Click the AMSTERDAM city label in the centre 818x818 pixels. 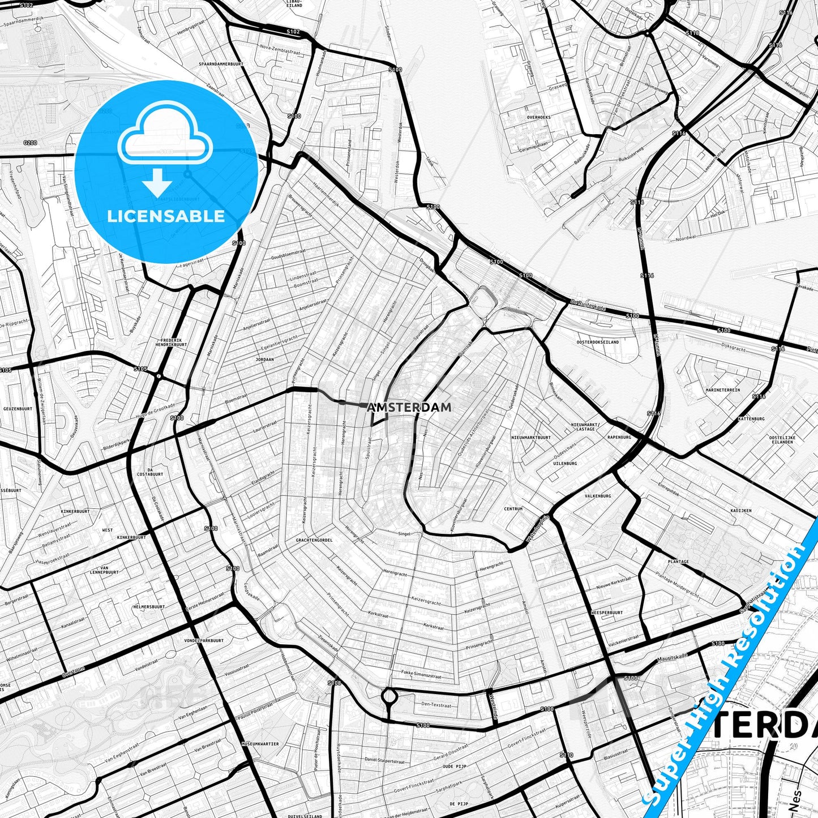409,407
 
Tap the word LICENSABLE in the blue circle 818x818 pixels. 166,216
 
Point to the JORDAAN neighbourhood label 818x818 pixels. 264,359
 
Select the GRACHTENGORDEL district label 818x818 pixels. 314,540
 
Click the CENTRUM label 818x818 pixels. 513,509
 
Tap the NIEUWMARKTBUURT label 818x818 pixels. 530,438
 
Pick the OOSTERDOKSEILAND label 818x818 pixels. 598,342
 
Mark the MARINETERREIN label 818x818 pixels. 722,390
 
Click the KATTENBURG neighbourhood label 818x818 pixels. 751,419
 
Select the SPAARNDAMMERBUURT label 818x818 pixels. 221,64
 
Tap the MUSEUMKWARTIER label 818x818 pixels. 260,744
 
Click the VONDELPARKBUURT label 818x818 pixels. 204,641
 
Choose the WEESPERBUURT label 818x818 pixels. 606,613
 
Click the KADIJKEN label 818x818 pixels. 740,511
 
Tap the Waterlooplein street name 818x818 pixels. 538,528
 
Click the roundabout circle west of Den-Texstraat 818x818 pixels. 388,695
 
